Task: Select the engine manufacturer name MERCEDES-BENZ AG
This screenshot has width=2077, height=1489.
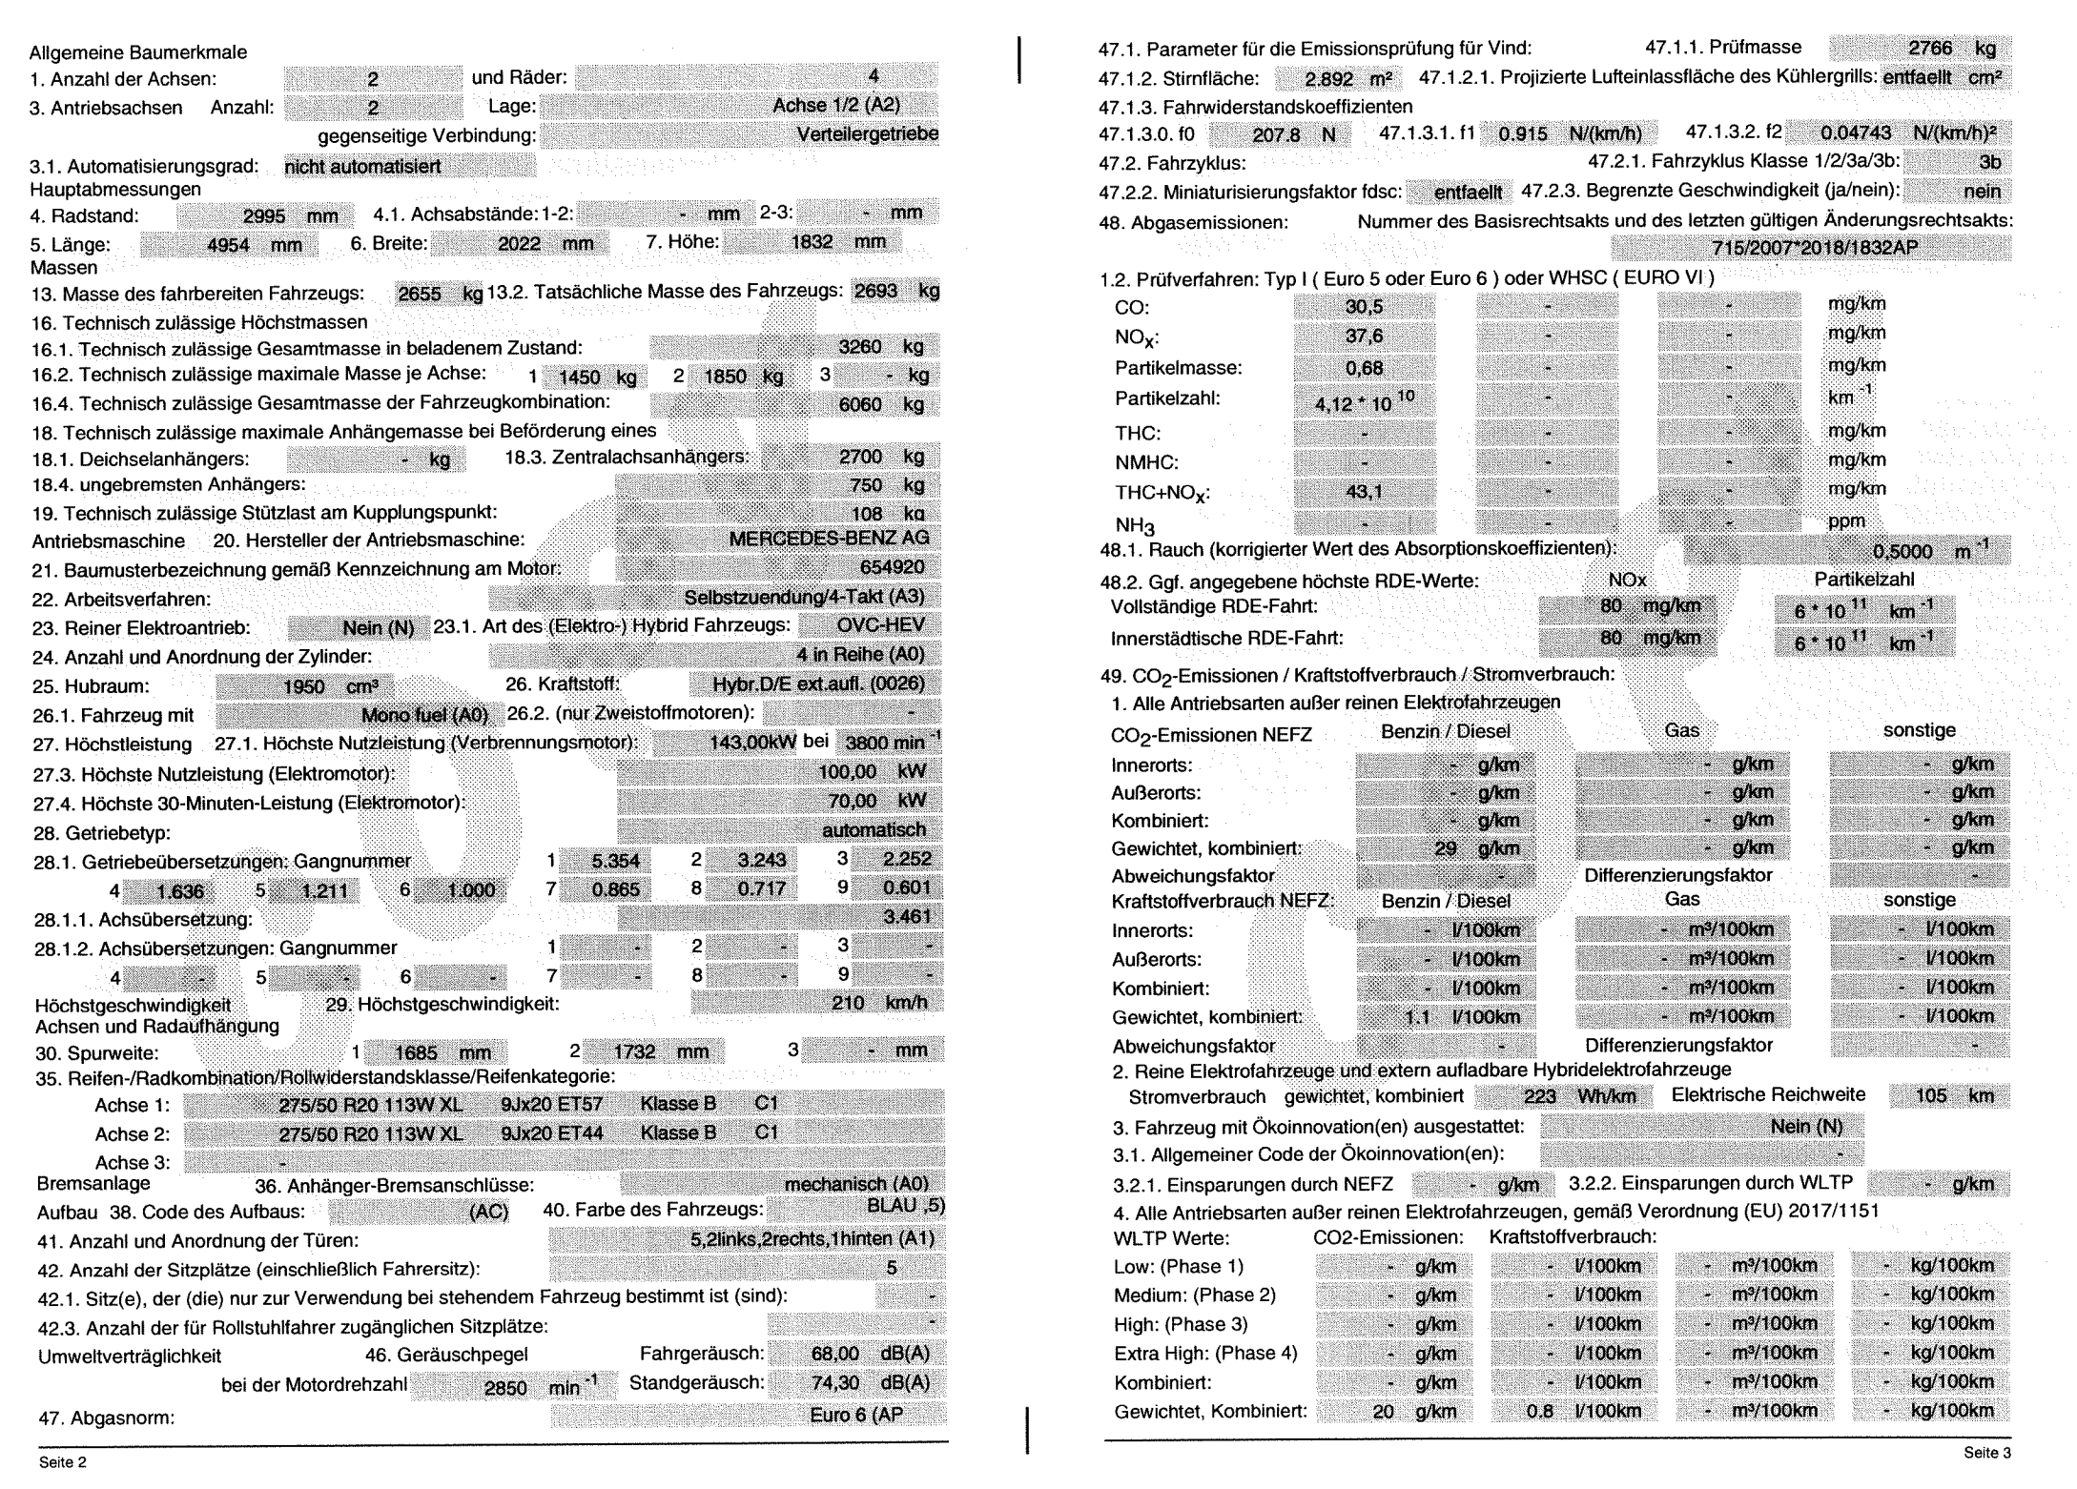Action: [828, 539]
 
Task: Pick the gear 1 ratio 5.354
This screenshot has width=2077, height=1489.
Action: [615, 860]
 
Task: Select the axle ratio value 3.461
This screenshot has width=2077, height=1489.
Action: [906, 918]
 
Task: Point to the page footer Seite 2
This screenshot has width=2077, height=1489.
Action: [63, 1462]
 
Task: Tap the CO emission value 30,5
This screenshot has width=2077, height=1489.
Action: [1364, 307]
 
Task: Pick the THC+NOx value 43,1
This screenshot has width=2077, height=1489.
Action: [1364, 492]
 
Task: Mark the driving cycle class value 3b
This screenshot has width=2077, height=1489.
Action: [1989, 161]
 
